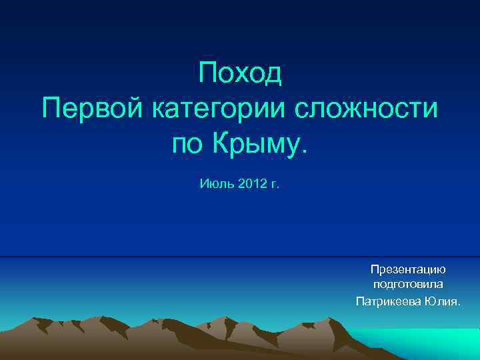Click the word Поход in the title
pyautogui.click(x=240, y=74)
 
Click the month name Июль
pyautogui.click(x=213, y=183)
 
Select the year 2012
pyautogui.click(x=250, y=183)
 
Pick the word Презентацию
pyautogui.click(x=408, y=269)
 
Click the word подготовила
pyautogui.click(x=408, y=285)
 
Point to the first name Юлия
pyautogui.click(x=442, y=301)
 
